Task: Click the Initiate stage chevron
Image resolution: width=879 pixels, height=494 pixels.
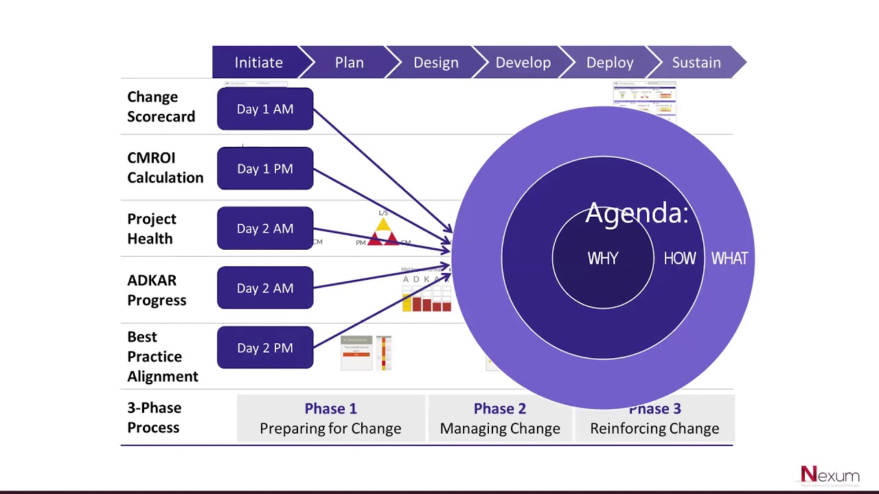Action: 258,62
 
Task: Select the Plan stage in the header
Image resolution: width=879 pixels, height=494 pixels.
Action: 349,62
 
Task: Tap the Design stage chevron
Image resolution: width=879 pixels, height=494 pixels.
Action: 435,62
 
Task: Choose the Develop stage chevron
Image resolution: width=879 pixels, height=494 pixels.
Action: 523,62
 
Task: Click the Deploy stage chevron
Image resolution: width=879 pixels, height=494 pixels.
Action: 609,62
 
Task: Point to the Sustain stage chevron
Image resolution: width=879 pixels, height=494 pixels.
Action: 696,62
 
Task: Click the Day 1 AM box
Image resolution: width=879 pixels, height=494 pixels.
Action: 265,109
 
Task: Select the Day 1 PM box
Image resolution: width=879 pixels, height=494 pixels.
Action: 265,169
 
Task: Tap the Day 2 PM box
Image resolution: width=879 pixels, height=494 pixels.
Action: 265,348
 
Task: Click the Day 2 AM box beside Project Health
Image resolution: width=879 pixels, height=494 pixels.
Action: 265,228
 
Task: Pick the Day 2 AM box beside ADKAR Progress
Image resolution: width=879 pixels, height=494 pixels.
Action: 265,288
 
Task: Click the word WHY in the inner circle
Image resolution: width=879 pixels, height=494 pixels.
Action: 603,259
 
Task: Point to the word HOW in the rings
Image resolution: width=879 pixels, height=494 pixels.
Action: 680,259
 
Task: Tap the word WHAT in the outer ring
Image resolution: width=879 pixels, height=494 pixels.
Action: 729,259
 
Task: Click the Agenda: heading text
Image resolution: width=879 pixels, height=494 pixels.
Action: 636,213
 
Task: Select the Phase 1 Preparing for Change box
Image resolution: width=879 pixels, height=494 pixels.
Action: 330,419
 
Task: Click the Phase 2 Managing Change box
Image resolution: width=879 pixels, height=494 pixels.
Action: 500,419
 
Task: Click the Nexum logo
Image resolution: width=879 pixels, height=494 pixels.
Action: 830,475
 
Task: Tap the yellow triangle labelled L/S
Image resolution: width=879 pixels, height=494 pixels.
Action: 383,224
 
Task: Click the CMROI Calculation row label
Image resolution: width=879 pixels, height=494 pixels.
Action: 165,167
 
